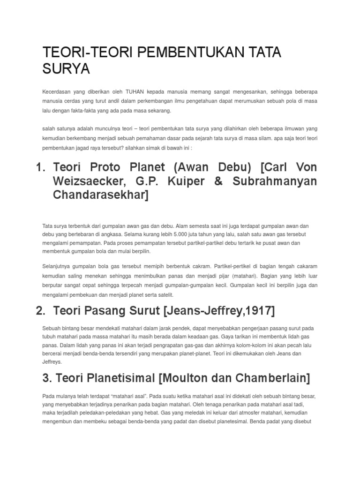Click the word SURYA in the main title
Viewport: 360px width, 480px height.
(x=66, y=69)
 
